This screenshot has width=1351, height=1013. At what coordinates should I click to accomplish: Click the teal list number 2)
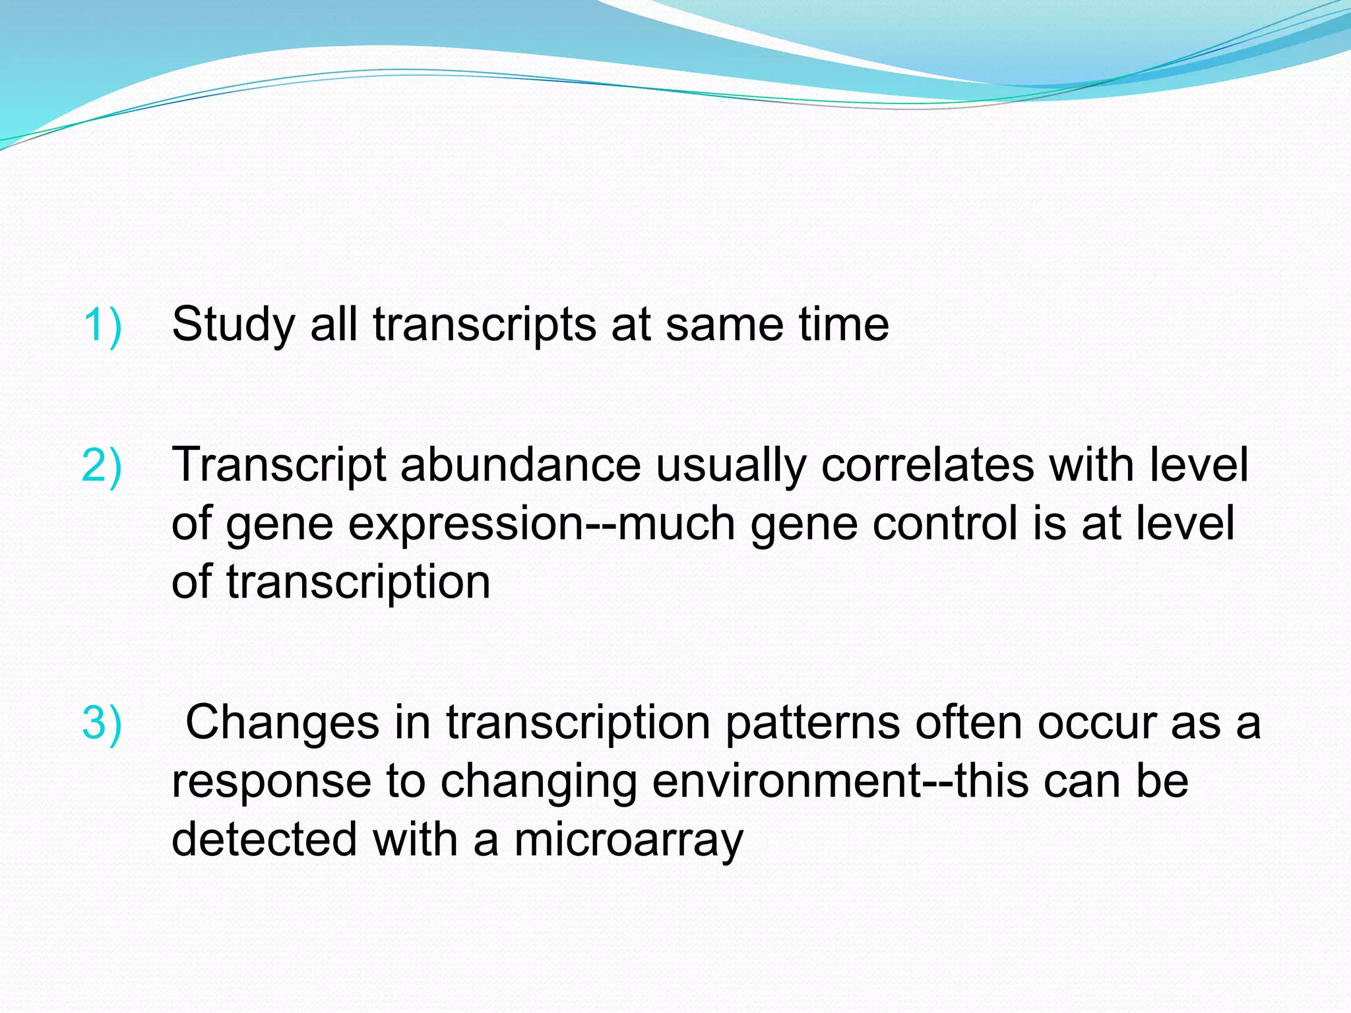[102, 465]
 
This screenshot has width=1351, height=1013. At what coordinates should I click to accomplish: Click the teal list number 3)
[102, 722]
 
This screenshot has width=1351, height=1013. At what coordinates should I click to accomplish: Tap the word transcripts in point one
[484, 326]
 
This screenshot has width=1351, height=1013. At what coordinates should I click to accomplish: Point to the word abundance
[520, 465]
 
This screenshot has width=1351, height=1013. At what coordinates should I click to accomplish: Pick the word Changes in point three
[282, 723]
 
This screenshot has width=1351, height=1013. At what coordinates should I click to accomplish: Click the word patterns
[812, 723]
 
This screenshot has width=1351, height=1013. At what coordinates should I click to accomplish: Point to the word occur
[1096, 722]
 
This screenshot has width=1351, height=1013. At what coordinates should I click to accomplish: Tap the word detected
[264, 840]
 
